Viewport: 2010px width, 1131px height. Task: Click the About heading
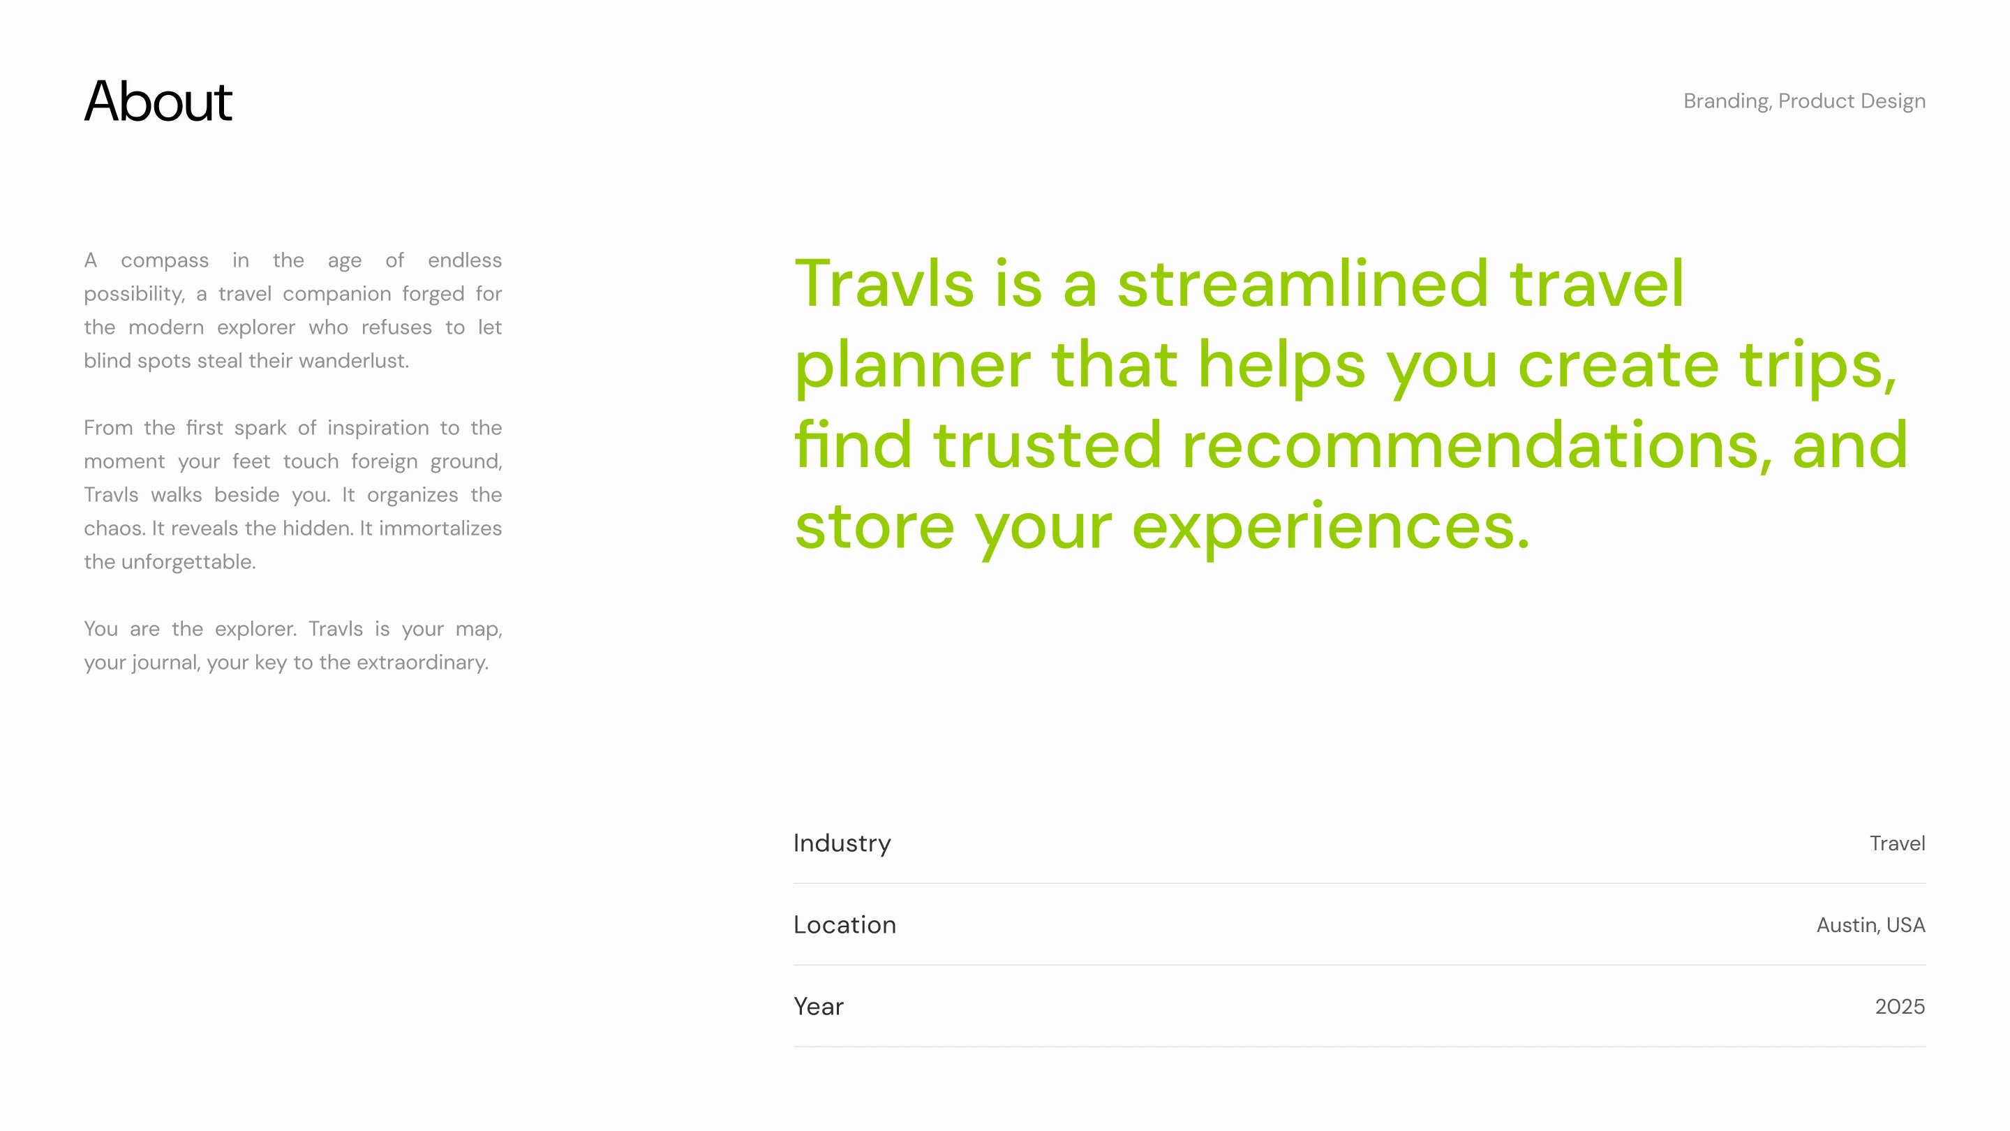tap(158, 101)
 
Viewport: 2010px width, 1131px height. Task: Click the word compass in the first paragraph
tap(165, 260)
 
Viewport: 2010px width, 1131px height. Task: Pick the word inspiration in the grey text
tap(378, 429)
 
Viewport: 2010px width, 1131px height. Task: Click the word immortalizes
tap(440, 528)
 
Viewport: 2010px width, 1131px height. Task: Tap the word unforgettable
tap(188, 563)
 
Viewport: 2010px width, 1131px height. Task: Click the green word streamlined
tap(1303, 283)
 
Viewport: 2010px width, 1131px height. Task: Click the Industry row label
tap(842, 844)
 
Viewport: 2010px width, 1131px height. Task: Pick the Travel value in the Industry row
tap(1898, 844)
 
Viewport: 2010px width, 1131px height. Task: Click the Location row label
tap(845, 925)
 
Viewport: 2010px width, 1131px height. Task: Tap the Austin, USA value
tap(1871, 926)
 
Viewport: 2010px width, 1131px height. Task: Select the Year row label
tap(819, 1007)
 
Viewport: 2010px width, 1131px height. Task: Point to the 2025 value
tap(1900, 1007)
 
